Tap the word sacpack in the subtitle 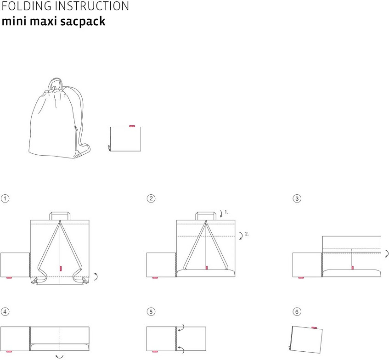[83, 22]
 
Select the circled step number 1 [5, 198]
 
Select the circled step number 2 [151, 198]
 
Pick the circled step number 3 [297, 198]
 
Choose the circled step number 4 [5, 312]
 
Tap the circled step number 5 [151, 312]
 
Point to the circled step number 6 [297, 312]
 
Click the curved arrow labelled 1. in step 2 [221, 214]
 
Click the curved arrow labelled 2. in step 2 [242, 236]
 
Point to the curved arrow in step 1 [96, 276]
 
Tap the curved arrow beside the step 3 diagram [387, 253]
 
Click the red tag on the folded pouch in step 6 [314, 328]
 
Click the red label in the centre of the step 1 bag [60, 269]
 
